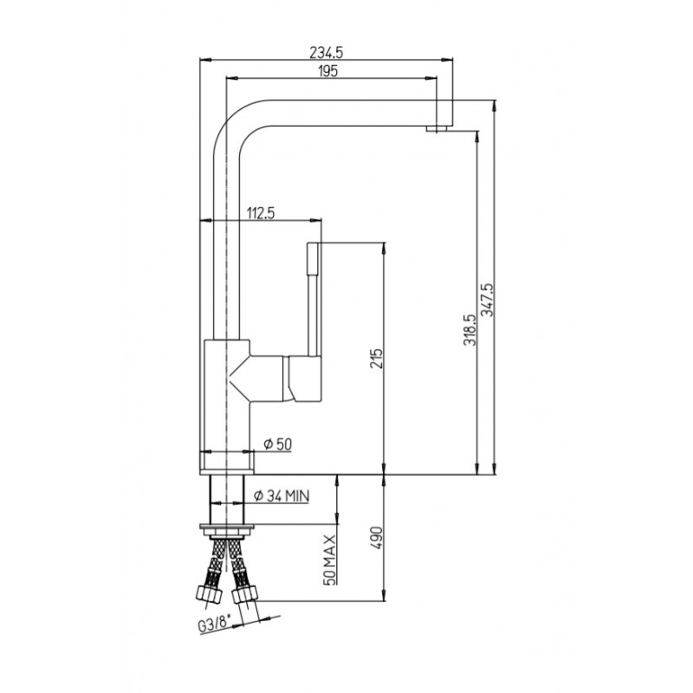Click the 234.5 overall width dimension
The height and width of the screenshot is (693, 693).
[x=327, y=53]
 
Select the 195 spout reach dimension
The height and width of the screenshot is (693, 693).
[x=327, y=71]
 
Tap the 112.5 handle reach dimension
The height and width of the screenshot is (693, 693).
[x=261, y=213]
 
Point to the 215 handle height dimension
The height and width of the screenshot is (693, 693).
[x=376, y=359]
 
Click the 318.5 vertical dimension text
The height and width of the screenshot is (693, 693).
[x=470, y=330]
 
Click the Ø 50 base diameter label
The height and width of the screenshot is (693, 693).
[x=278, y=444]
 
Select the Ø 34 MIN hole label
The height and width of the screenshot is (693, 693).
[x=282, y=495]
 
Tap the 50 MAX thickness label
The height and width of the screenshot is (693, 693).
[x=330, y=560]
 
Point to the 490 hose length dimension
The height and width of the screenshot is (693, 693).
[x=376, y=537]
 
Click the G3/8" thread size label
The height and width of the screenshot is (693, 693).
[x=214, y=625]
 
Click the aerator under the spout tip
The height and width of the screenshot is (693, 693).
[x=437, y=128]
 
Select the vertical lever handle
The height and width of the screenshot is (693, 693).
[x=314, y=299]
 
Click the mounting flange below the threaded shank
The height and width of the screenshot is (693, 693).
[x=227, y=529]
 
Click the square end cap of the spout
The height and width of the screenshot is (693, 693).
[x=445, y=113]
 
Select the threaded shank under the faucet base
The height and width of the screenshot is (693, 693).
[x=227, y=500]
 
